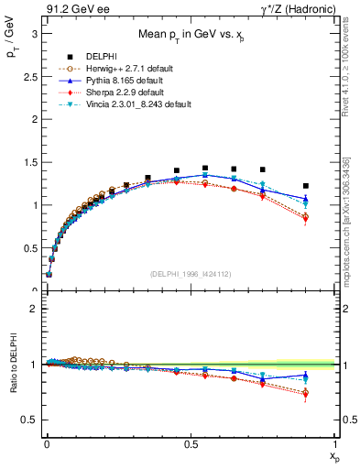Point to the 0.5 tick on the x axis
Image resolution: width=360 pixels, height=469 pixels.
point(191,446)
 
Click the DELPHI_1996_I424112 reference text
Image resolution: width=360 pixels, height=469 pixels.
point(189,274)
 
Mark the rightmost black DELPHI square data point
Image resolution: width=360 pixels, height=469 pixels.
point(306,186)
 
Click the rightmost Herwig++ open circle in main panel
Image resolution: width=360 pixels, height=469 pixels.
point(306,217)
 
